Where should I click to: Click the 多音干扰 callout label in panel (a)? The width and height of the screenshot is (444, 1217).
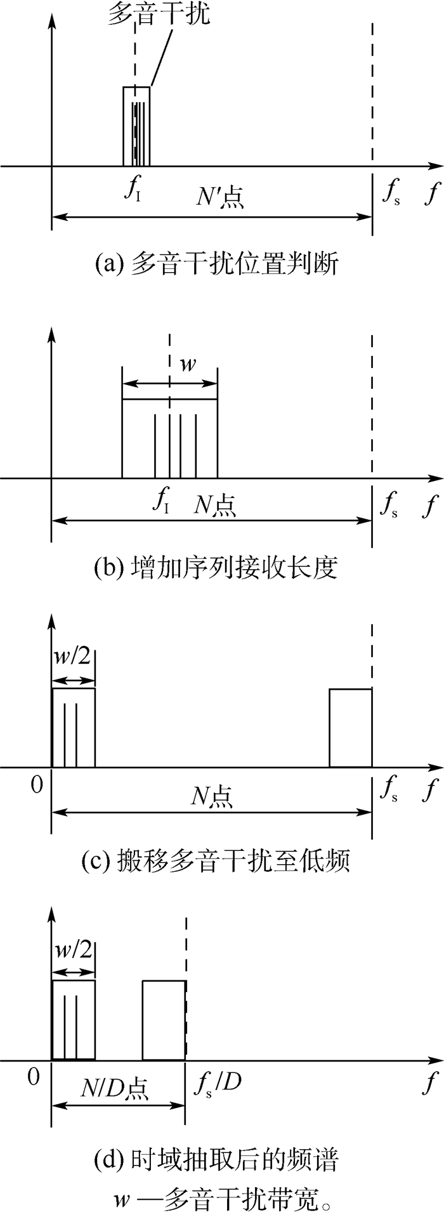[x=159, y=14]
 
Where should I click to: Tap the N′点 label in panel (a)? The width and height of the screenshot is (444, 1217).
[x=219, y=197]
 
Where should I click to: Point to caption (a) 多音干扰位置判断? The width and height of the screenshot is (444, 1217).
[x=216, y=263]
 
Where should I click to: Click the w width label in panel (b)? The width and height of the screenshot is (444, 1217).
[x=188, y=366]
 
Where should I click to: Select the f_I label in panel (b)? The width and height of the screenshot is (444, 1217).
[x=162, y=502]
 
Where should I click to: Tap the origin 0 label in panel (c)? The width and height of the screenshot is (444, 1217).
[x=37, y=784]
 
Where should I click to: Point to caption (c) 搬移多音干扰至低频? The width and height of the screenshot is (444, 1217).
[x=216, y=860]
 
